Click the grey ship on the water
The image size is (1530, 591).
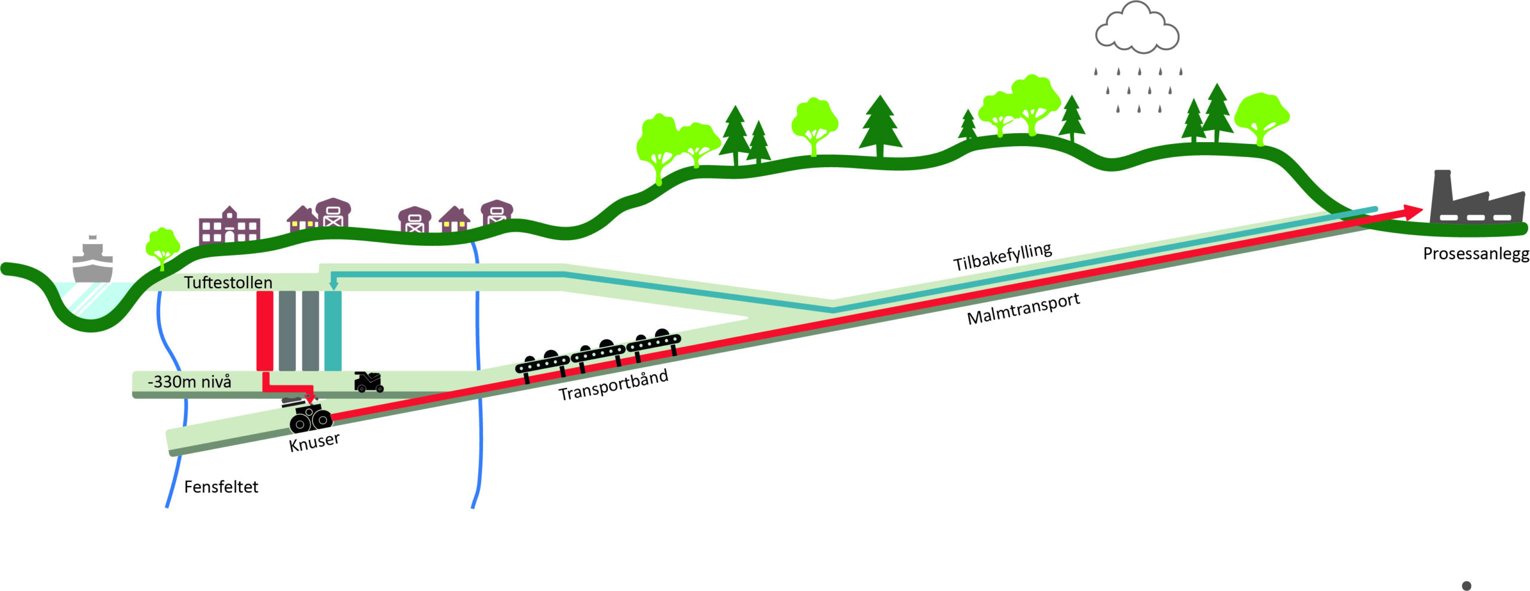92,261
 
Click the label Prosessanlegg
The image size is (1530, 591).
1476,254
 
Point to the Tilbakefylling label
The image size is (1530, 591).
1002,257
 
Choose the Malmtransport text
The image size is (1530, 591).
1023,309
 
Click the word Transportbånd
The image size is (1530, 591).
613,385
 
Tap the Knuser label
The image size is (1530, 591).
314,442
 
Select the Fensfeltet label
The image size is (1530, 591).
221,487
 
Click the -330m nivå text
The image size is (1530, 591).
189,382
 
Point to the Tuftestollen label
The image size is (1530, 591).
228,282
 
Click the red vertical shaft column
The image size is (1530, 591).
265,331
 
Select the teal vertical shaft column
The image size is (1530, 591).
333,331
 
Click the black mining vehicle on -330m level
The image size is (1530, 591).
369,382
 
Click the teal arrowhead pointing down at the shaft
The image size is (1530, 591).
334,286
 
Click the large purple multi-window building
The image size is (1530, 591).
229,226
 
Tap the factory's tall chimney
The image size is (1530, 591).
1442,188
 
